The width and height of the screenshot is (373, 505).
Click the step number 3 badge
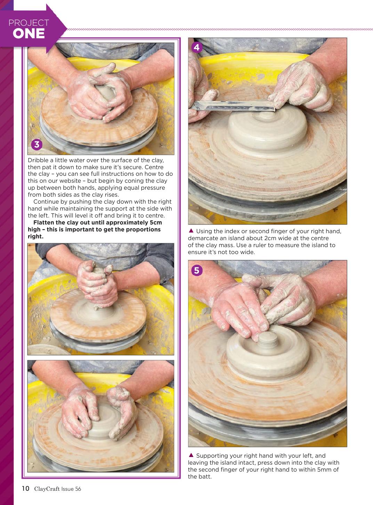click(37, 144)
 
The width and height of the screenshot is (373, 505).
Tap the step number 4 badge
click(197, 47)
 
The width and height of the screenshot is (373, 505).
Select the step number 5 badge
click(197, 270)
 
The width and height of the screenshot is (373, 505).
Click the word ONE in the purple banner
click(29, 34)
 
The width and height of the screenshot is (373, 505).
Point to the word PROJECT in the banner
click(29, 23)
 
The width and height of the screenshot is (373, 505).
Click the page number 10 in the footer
click(26, 488)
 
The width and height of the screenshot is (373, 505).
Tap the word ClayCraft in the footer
click(47, 489)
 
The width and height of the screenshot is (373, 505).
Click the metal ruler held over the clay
click(233, 106)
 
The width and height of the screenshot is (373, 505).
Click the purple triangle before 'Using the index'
click(191, 231)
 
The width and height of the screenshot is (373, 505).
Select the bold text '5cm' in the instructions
click(156, 222)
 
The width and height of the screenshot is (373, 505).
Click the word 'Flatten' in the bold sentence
click(44, 222)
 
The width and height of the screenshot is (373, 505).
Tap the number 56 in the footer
click(78, 489)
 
